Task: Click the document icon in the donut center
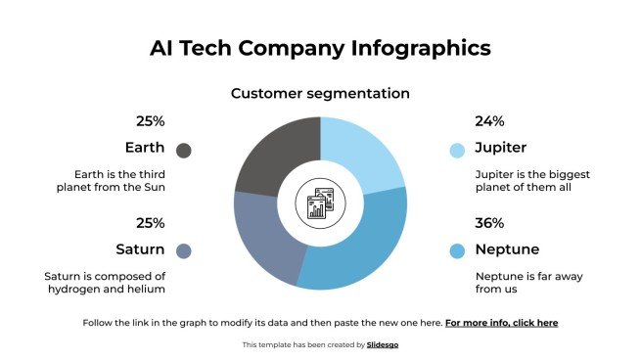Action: pos(320,202)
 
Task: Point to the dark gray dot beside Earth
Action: pos(184,150)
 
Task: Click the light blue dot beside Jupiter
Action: pos(457,150)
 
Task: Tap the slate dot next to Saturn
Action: pos(184,250)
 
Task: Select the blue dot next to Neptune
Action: pos(457,250)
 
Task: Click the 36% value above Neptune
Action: pos(489,223)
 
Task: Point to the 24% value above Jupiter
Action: pos(489,121)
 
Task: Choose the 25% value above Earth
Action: pos(150,121)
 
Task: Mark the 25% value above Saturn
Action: pos(150,223)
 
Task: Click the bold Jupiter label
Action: pos(500,149)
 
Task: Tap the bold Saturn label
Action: pos(140,248)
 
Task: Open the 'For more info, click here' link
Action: pos(501,322)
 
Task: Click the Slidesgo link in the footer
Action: pos(383,344)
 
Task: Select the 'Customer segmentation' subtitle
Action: pos(320,94)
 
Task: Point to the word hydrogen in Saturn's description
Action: pos(73,289)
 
